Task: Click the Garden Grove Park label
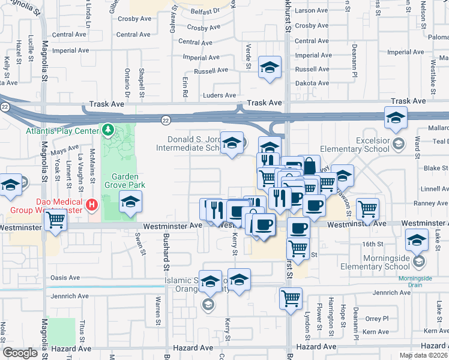point(125,181)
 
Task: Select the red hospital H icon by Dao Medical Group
point(92,205)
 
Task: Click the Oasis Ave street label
point(65,278)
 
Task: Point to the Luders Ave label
point(220,95)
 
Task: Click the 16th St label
point(372,244)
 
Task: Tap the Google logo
point(20,353)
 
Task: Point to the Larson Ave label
point(312,11)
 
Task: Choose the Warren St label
point(158,306)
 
